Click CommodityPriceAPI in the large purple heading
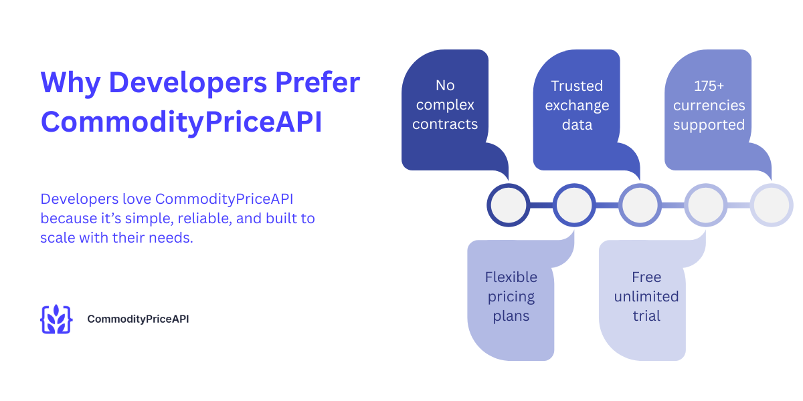click(x=181, y=123)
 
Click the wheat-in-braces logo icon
click(x=56, y=319)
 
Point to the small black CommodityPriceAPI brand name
click(x=138, y=319)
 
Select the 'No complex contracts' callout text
click(x=445, y=105)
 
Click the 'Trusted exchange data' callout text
click(x=577, y=105)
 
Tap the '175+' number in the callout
click(x=709, y=86)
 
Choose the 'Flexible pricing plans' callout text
click(x=511, y=296)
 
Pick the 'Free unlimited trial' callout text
click(x=646, y=296)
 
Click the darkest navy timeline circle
click(x=509, y=205)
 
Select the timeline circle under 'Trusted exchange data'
click(x=640, y=205)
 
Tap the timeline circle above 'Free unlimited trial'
click(x=705, y=205)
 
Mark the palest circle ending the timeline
click(x=771, y=205)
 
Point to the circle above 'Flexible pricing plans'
click(x=574, y=205)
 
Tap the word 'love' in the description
click(x=137, y=199)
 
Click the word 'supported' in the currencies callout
click(x=709, y=125)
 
